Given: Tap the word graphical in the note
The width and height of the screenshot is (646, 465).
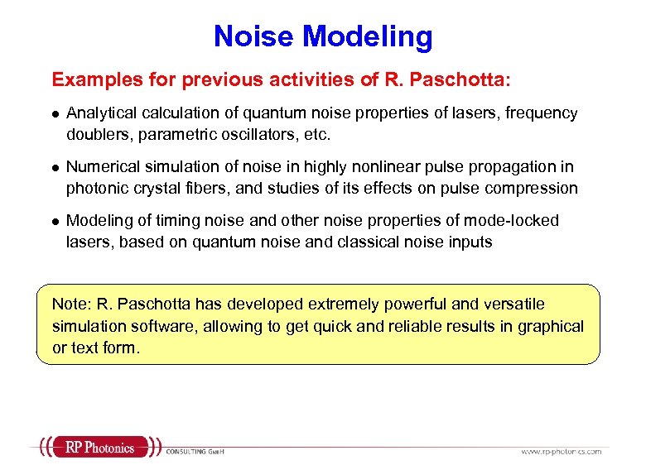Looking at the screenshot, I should click(x=550, y=326).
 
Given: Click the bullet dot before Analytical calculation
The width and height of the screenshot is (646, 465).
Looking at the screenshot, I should click(x=55, y=113).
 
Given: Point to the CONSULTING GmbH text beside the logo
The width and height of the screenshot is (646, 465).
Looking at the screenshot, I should click(x=196, y=451).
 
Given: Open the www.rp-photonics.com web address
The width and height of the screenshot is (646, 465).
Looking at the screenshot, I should click(x=561, y=451).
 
